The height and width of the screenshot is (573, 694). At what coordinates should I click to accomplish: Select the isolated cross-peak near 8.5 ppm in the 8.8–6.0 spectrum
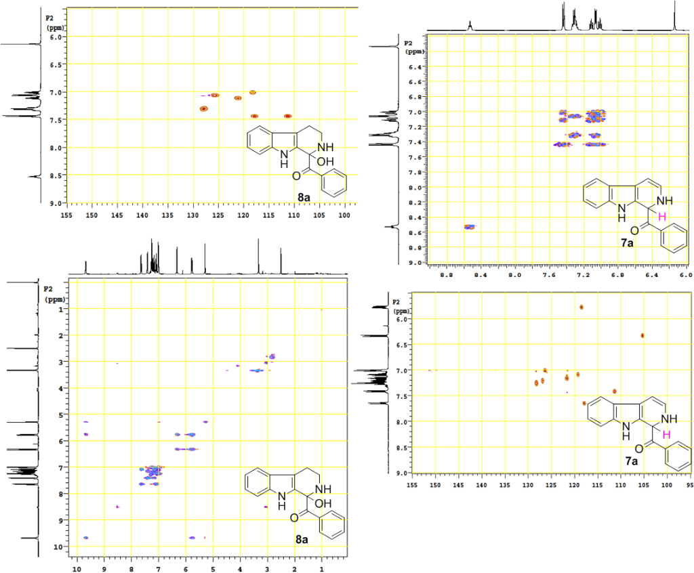pyautogui.click(x=470, y=226)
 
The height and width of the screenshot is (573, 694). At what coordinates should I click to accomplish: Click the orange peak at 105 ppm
pyautogui.click(x=642, y=335)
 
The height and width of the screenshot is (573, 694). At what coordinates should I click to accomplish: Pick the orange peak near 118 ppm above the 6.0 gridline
pyautogui.click(x=581, y=307)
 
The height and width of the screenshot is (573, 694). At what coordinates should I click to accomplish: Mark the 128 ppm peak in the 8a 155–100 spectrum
pyautogui.click(x=203, y=108)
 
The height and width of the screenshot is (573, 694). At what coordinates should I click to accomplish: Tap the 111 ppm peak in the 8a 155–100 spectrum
pyautogui.click(x=288, y=116)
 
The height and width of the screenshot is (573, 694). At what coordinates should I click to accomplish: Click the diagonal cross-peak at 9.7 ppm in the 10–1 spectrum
pyautogui.click(x=85, y=537)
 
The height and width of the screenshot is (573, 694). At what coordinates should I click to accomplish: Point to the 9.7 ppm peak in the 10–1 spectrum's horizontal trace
pyautogui.click(x=86, y=270)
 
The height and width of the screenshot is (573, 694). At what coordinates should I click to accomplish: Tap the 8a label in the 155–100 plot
pyautogui.click(x=304, y=196)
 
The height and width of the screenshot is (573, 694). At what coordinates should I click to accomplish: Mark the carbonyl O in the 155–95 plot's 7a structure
pyautogui.click(x=638, y=448)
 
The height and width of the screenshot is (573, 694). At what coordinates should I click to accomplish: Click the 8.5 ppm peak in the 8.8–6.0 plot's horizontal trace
pyautogui.click(x=470, y=26)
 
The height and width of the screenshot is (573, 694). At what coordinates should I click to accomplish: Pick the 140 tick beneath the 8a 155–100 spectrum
pyautogui.click(x=142, y=215)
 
